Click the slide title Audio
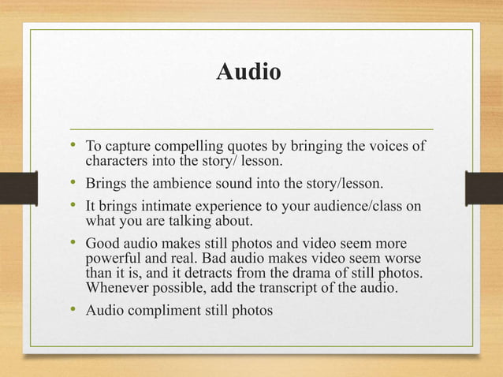pos(248,73)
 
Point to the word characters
pos(115,162)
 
